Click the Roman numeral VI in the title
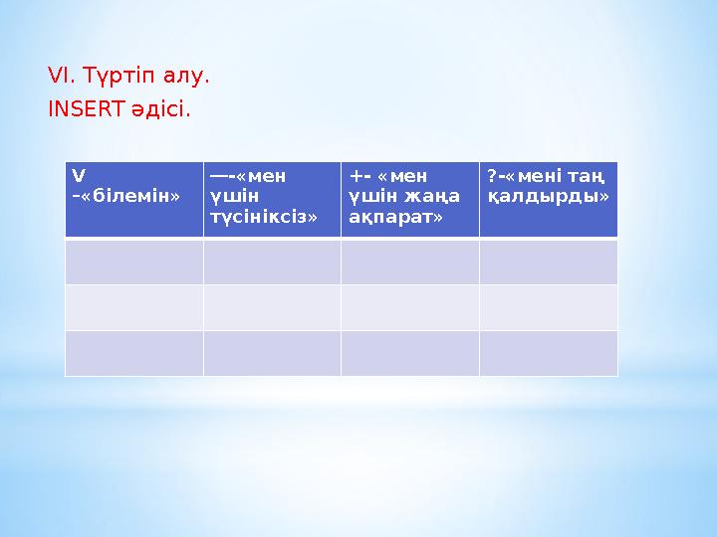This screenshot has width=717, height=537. pyautogui.click(x=59, y=76)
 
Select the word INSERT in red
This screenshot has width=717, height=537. pyautogui.click(x=86, y=109)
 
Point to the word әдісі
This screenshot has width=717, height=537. pyautogui.click(x=157, y=110)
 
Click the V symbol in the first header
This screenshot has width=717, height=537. pyautogui.click(x=79, y=176)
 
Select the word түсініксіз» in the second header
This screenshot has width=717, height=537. pyautogui.click(x=264, y=217)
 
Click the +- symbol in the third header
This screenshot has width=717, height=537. pyautogui.click(x=359, y=176)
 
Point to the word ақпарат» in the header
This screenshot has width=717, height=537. pyautogui.click(x=395, y=218)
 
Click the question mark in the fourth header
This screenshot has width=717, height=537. pyautogui.click(x=492, y=176)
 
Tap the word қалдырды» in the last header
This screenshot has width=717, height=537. pyautogui.click(x=549, y=197)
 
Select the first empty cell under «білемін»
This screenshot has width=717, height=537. pyautogui.click(x=134, y=262)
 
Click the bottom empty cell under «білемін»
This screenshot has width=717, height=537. pyautogui.click(x=134, y=353)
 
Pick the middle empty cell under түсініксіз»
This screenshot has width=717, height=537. pyautogui.click(x=273, y=307)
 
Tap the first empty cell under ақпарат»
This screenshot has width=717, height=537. pyautogui.click(x=410, y=262)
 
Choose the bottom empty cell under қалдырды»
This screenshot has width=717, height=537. pyautogui.click(x=549, y=353)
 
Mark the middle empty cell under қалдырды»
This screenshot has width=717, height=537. pyautogui.click(x=549, y=307)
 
